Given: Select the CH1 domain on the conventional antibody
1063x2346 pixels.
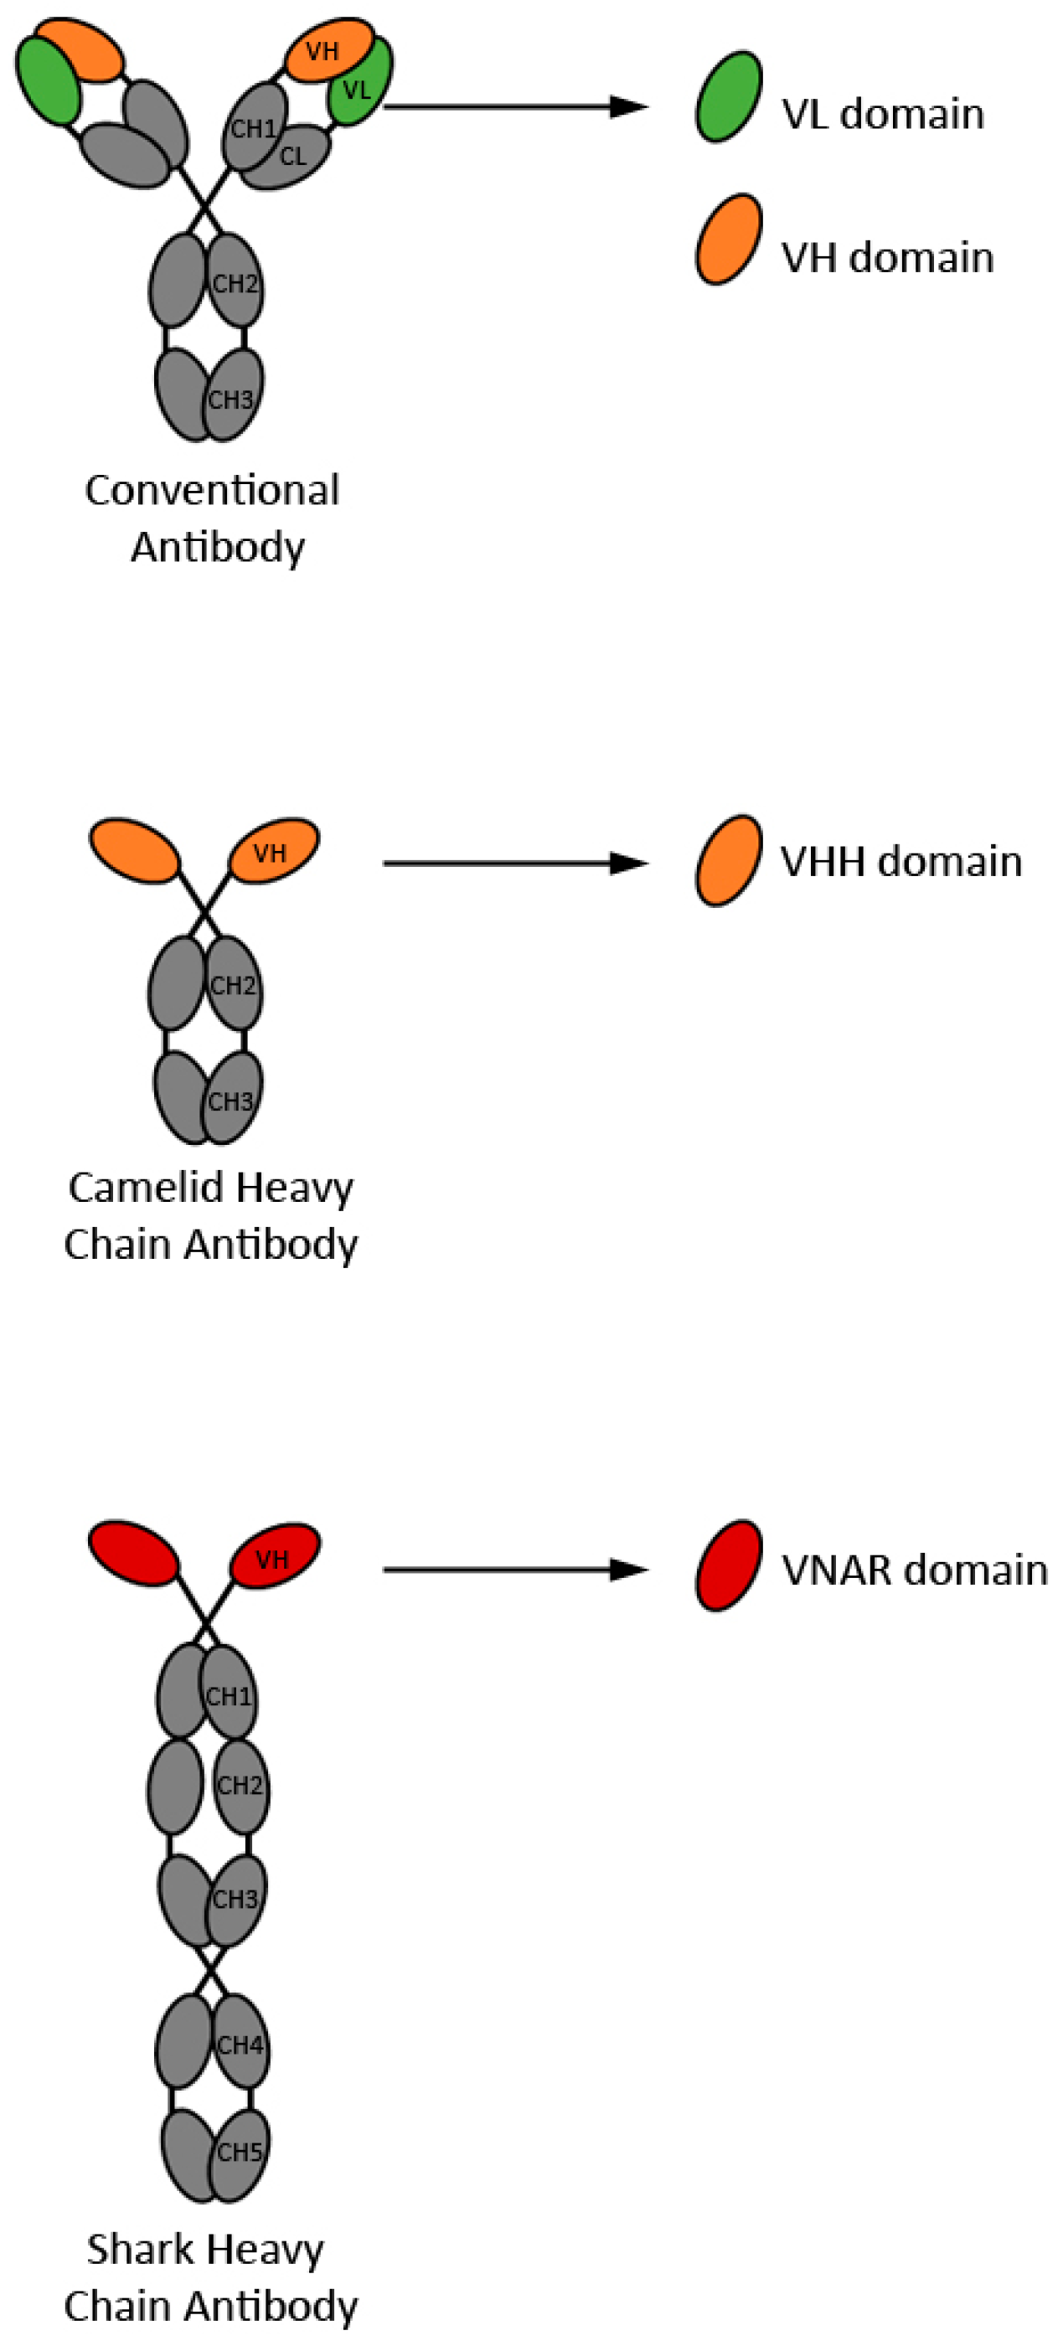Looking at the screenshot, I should pos(252,127).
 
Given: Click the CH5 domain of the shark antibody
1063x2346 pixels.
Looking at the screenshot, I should pos(240,2153).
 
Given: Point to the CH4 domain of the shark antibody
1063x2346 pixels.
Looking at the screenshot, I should pos(240,2044).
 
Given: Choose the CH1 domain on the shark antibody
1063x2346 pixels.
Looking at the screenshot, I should pos(229,1696).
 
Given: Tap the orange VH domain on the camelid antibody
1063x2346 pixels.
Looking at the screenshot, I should pos(271,853).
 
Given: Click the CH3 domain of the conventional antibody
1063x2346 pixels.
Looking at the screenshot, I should pos(231,399).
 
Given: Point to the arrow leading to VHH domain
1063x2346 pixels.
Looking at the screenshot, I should pos(514,863).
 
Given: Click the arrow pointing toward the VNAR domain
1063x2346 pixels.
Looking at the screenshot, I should pos(514,1569).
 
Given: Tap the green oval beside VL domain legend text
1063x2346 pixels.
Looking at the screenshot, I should pos(728,97).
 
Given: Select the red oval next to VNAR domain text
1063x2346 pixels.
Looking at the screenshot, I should pos(728,1565).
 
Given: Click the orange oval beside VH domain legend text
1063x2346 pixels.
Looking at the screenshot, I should pos(728,240).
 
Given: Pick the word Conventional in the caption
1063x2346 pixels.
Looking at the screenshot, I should pos(212,491).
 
